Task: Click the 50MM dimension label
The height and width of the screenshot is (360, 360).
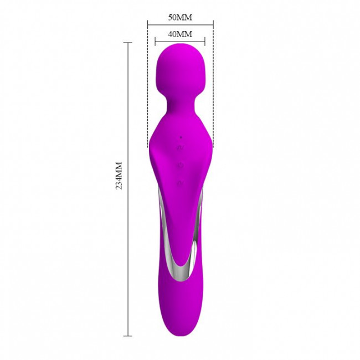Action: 180,18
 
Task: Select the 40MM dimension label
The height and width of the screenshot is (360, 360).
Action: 180,34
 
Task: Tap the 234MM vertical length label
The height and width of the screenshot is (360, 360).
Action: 119,176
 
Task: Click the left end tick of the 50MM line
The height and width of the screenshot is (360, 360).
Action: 148,24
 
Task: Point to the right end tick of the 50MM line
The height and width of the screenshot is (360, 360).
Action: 213,24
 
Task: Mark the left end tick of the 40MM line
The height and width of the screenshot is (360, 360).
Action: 155,42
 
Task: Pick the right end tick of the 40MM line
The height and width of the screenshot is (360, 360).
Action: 205,42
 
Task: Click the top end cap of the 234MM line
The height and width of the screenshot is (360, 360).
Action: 128,43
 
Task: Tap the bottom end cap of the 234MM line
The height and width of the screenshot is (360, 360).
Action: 128,336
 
